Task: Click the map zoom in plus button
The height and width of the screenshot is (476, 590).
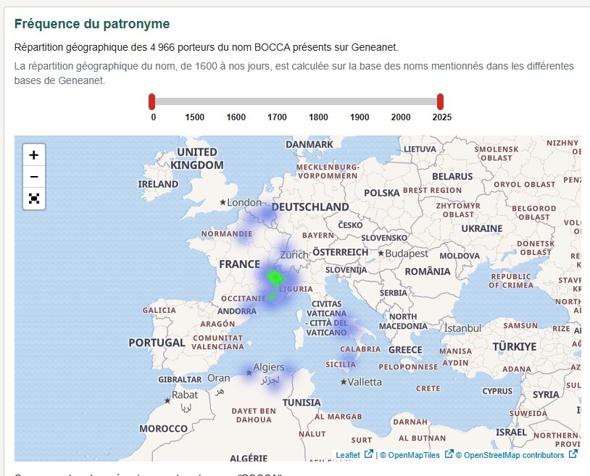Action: point(34,154)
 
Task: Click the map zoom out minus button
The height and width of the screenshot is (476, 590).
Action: point(34,176)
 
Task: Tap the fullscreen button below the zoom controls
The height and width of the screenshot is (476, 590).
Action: point(34,198)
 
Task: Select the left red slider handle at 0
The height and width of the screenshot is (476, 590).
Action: point(152,101)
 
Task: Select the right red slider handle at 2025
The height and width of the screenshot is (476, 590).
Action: point(440,101)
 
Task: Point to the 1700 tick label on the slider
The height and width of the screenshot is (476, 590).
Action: point(277,117)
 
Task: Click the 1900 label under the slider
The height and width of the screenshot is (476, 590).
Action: point(360,117)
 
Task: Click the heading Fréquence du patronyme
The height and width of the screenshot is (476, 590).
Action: point(92,24)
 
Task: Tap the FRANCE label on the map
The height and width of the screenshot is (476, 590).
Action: point(239,264)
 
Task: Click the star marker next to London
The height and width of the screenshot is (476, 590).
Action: point(223,203)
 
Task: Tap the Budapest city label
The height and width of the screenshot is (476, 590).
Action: point(407,254)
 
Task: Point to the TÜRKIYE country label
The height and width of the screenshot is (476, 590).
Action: point(515,346)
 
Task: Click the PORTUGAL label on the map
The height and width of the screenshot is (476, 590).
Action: point(157,343)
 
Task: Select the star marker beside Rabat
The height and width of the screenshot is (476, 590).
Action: point(167,400)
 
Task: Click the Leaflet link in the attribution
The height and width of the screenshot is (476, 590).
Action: point(348,455)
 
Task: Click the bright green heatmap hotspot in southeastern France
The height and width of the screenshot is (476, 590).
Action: point(275,277)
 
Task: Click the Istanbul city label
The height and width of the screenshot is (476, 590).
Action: point(462,328)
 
